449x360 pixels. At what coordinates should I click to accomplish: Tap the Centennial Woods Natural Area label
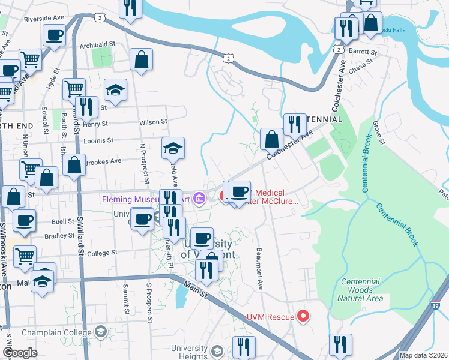click(360, 290)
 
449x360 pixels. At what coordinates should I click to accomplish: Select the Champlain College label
click(56, 332)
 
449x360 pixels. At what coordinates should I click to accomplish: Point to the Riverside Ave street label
click(44, 19)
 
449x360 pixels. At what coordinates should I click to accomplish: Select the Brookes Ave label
click(103, 161)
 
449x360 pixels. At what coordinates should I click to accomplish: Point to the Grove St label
click(378, 133)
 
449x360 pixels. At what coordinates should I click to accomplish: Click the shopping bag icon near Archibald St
click(142, 60)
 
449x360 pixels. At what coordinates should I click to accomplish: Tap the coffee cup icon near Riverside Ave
click(54, 35)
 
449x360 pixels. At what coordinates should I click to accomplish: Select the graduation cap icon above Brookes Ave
click(173, 148)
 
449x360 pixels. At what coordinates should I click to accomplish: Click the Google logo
click(20, 353)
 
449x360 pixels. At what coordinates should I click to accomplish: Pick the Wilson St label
click(152, 122)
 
